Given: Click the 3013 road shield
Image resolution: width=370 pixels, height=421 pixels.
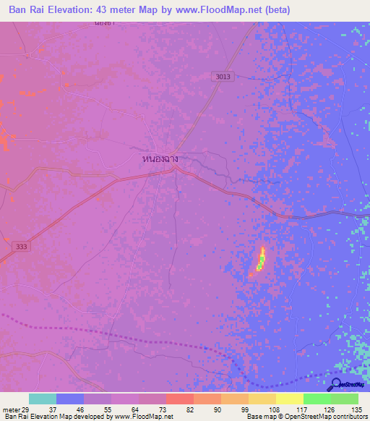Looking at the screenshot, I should (223, 75).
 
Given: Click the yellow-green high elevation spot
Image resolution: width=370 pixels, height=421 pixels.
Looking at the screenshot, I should (261, 259).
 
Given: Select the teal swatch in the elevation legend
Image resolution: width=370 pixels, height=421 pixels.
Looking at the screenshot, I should (43, 399).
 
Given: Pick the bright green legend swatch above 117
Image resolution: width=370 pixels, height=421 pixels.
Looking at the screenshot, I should (317, 399).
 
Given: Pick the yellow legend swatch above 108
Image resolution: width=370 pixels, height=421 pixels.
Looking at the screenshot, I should (262, 399).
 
